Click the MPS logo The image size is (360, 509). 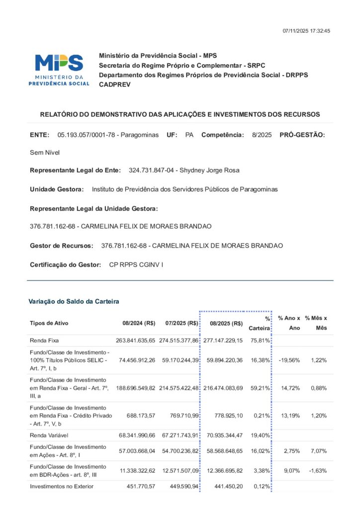(59, 69)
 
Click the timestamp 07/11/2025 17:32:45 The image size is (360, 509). (306, 31)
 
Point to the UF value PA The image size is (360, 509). (189, 135)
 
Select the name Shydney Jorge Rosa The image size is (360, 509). (209, 170)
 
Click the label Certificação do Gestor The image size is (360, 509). (66, 264)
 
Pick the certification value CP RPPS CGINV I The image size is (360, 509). (136, 264)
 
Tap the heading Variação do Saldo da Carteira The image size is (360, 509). (74, 301)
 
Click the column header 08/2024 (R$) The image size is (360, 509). (139, 323)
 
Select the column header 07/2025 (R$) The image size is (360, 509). (181, 323)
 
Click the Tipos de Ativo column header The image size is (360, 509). (49, 323)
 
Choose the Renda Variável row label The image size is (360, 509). (49, 435)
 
